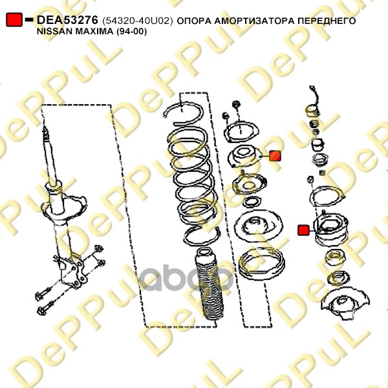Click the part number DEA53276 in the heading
point(67,20)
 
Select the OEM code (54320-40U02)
point(137,21)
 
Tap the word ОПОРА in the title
point(194,21)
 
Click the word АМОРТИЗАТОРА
point(255,21)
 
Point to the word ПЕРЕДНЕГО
point(327,21)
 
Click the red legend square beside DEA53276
point(14,19)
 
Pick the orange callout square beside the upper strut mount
point(275,156)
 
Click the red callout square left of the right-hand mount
point(303,230)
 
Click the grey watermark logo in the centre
point(186,277)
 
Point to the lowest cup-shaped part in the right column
point(345,305)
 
